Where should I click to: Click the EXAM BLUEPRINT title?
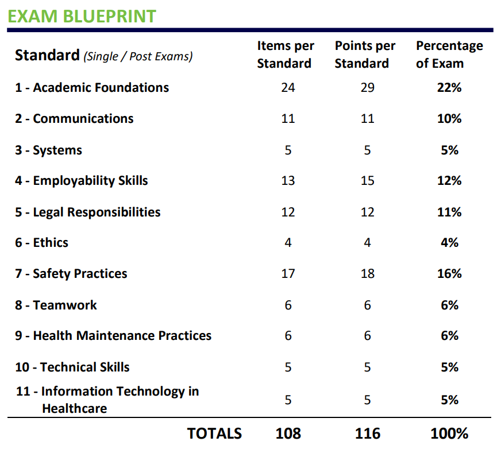click(82, 16)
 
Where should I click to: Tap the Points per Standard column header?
click(365, 55)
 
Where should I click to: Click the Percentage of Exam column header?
click(449, 55)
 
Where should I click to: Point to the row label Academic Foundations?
click(92, 88)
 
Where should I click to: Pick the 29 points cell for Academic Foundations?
click(367, 88)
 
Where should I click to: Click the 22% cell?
click(449, 88)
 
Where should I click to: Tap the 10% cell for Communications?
click(449, 119)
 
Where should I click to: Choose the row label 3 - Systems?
click(48, 150)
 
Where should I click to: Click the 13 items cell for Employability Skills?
click(288, 181)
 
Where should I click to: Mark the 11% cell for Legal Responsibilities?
click(449, 212)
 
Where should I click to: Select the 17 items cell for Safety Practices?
click(288, 274)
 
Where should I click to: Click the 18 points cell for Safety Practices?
click(367, 274)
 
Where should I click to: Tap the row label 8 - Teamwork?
click(56, 305)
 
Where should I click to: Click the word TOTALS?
click(214, 433)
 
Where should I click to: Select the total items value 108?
click(288, 433)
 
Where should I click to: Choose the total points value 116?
click(367, 433)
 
